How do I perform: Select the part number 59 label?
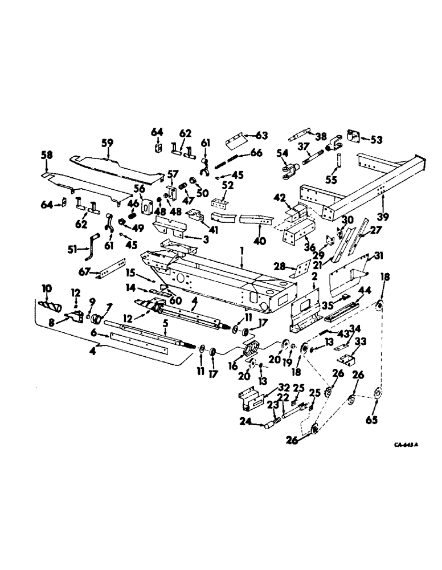[x=107, y=143]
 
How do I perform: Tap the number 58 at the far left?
[x=46, y=155]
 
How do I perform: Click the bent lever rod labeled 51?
[x=93, y=240]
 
